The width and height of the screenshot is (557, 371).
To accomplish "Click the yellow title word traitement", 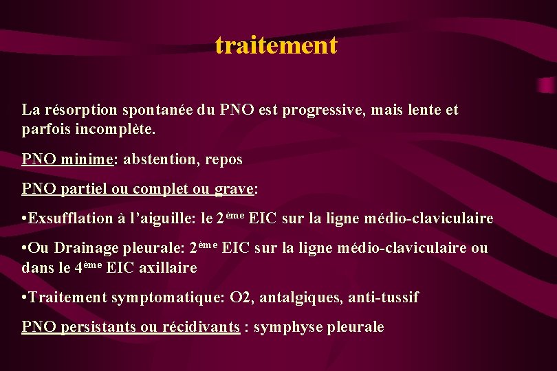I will tap(276, 45).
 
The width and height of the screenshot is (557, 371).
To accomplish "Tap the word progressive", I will tap(327, 110).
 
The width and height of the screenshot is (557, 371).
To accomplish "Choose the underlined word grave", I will tap(234, 189).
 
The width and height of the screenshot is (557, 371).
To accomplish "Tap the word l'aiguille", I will tap(163, 218).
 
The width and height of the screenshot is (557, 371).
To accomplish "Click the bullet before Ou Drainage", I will tap(25, 248).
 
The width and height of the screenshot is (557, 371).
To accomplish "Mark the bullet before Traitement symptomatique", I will tap(25, 297).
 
